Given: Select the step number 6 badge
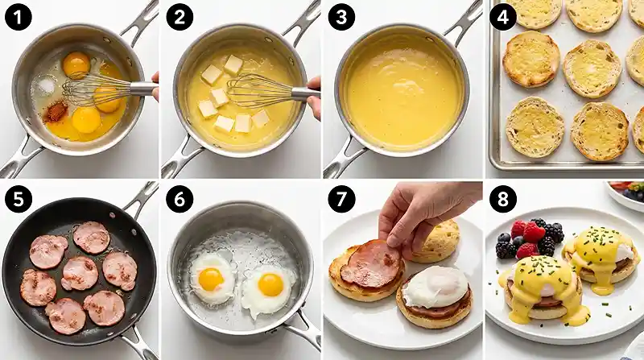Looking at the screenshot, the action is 180,199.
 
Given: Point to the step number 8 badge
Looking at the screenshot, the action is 502,199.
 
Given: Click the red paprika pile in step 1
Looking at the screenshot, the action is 56,111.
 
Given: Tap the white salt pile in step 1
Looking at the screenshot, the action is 46,85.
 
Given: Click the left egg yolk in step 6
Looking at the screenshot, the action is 211,279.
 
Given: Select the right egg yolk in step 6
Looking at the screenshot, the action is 270,285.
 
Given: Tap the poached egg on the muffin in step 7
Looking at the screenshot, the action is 436,287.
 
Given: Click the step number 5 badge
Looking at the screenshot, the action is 18,199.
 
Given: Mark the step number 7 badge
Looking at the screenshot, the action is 341,199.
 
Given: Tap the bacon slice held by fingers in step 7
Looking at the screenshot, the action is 371,264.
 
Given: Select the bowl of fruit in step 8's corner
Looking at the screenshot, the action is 625,195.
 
